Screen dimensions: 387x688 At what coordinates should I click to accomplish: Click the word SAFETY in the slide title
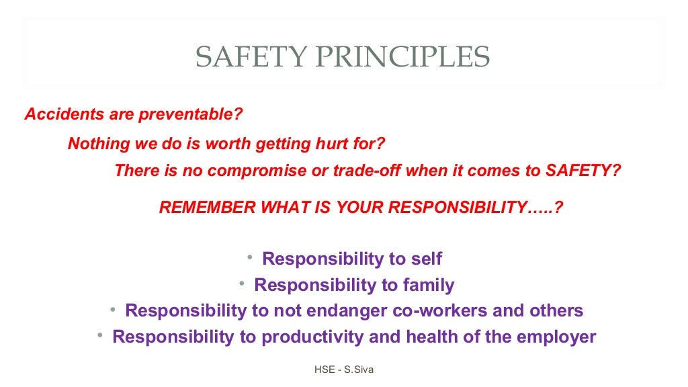(x=244, y=58)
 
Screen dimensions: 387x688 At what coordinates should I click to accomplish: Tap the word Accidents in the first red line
(x=56, y=114)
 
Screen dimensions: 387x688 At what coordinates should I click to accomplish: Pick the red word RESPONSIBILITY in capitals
(x=460, y=208)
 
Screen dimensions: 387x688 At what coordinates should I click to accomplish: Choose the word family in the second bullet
(x=428, y=285)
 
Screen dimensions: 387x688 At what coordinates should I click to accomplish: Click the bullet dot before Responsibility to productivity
(x=100, y=335)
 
